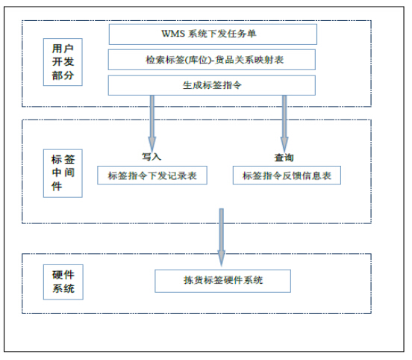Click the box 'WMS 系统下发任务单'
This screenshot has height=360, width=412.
(213, 34)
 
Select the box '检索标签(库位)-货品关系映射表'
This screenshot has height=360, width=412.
(212, 60)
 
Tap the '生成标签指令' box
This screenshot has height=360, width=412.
(212, 85)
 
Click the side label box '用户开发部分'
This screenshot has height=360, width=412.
(63, 62)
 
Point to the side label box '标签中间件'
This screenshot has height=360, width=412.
(63, 173)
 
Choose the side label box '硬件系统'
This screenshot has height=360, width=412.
(63, 282)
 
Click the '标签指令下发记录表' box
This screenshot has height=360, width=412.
(152, 175)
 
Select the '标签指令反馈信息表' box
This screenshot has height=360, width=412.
(287, 175)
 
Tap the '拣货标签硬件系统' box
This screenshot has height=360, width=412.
(223, 281)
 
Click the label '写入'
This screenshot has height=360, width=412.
(152, 157)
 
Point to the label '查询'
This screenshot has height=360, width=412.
(284, 158)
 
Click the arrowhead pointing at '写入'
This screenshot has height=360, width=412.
(152, 144)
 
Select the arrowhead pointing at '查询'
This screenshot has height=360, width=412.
(284, 144)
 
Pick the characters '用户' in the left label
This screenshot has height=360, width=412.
(63, 49)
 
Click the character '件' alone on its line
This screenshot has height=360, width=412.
(57, 187)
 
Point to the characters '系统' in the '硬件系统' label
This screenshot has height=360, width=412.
(63, 289)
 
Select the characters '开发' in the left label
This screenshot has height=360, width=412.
(63, 62)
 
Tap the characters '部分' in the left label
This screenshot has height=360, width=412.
(63, 75)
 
